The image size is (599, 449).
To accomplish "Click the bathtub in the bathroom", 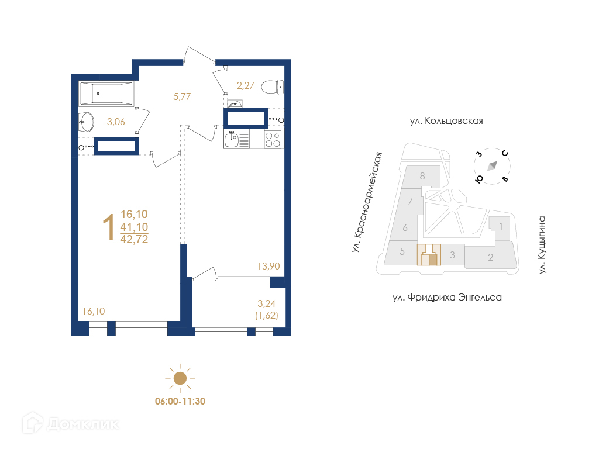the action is coord(106,94).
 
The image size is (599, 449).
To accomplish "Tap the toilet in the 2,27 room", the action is coord(273,87).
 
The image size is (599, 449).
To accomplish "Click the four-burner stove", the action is coord(273,139).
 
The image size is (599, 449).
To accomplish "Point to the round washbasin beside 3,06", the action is coord(87,122).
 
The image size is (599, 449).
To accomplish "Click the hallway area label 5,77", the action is coord(182,96).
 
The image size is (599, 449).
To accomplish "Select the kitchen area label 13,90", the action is coord(268,266).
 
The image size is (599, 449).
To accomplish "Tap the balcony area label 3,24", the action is coord(266,303).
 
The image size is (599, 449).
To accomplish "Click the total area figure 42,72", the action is coord(134,239).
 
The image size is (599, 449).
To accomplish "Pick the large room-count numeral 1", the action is coord(109,227).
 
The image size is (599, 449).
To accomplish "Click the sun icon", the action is coord(180,378).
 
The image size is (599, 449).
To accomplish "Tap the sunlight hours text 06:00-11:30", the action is coord(180,401).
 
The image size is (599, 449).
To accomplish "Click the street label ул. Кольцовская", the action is coord(446,121).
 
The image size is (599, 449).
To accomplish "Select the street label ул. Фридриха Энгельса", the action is coord(447,298).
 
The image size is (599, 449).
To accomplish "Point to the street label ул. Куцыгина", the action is coord(542,245).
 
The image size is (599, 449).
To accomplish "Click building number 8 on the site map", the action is coord(422,176).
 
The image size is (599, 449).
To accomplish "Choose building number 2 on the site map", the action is coord(491,257).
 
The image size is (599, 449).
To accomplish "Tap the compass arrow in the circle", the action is coord(492,166).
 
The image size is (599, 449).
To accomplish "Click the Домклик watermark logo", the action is coord(71,423).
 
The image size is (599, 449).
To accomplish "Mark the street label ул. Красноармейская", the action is coord(367,202).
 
